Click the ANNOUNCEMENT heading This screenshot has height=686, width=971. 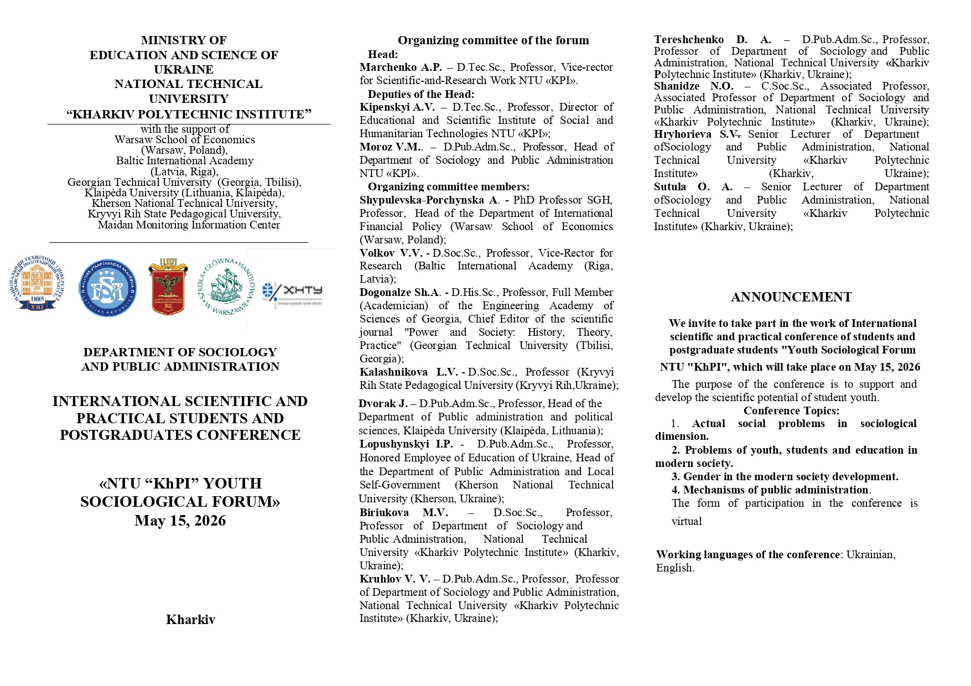(791, 297)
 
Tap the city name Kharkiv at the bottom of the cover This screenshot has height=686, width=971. (190, 620)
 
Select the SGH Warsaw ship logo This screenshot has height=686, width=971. (226, 286)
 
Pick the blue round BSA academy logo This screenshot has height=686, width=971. (107, 288)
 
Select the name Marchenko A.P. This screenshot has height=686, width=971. (401, 67)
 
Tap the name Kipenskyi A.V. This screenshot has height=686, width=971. (397, 107)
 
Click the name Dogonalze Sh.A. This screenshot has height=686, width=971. (400, 293)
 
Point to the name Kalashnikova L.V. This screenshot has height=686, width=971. (408, 372)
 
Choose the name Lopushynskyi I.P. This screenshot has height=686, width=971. (406, 444)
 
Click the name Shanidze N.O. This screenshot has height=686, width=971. (693, 86)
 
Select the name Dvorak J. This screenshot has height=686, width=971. (383, 404)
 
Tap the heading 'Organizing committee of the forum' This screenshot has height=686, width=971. (493, 40)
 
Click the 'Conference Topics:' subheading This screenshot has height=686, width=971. (791, 410)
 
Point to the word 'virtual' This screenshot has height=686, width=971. (687, 521)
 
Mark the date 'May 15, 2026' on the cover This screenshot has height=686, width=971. (180, 521)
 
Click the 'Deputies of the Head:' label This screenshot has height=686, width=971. (421, 94)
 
